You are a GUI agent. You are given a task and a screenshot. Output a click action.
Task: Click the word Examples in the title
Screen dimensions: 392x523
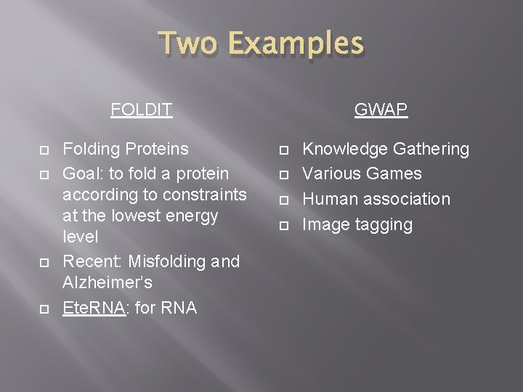(x=297, y=43)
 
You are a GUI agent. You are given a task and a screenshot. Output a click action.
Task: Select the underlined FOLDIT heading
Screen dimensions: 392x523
(x=142, y=110)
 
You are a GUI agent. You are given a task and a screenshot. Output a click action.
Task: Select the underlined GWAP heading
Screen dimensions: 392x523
(x=381, y=110)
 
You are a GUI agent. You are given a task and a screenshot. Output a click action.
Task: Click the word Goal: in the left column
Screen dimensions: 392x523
(x=84, y=174)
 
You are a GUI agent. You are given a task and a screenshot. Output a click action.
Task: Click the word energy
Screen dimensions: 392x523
(x=192, y=216)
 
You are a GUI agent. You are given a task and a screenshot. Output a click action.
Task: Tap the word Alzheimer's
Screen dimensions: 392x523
(x=108, y=282)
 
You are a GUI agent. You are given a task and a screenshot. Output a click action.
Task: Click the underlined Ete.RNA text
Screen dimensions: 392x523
(x=94, y=308)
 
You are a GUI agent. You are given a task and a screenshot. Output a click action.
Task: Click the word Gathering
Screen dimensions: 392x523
(x=431, y=149)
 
